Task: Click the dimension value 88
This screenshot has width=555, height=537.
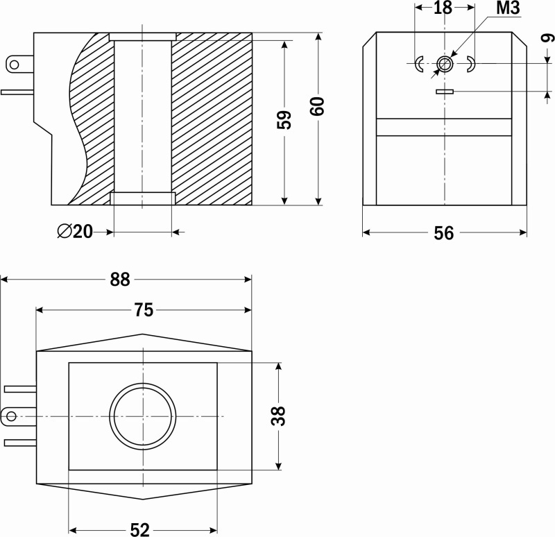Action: (120, 280)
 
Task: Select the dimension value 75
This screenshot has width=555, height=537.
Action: (144, 310)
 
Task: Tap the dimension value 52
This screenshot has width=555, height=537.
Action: (140, 529)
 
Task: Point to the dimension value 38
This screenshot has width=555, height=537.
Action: (278, 416)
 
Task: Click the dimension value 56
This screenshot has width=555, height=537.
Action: (443, 233)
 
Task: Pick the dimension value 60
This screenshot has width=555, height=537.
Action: (317, 106)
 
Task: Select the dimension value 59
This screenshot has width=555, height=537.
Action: (284, 120)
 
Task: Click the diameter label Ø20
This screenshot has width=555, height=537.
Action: (75, 232)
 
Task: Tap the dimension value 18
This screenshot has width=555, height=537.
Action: (443, 8)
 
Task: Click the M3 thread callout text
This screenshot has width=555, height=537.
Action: (508, 8)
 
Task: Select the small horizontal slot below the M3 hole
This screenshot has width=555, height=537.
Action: (445, 92)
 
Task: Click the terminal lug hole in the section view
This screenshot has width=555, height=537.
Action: (14, 65)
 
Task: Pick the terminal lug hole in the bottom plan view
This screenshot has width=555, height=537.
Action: (11, 416)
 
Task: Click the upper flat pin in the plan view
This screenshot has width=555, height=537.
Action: (20, 389)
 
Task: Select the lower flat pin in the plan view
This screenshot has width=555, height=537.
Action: (20, 443)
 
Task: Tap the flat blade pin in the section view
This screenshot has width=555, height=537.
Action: (17, 92)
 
